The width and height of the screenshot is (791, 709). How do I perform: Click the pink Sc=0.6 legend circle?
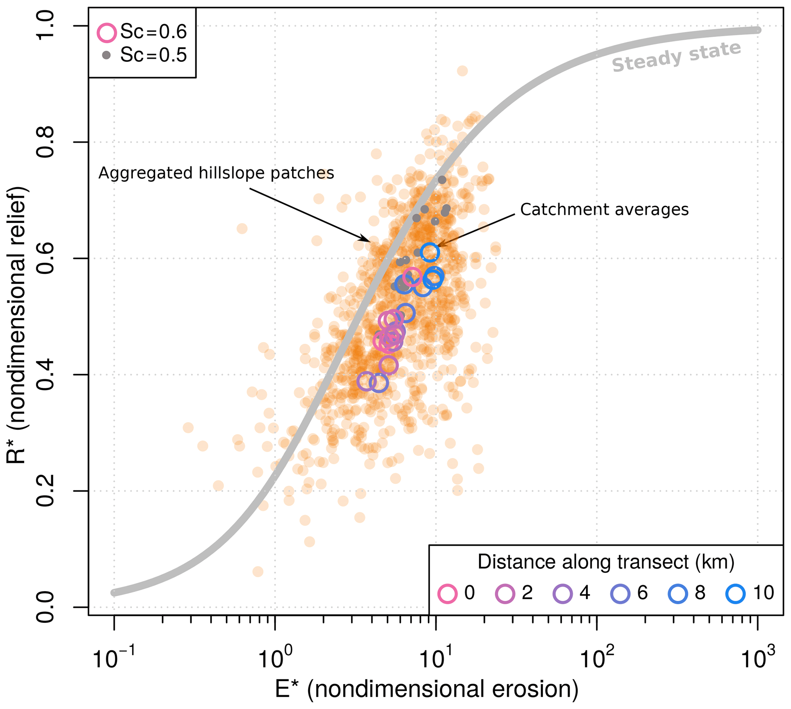coord(106,32)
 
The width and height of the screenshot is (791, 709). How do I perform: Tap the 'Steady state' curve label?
coord(676,57)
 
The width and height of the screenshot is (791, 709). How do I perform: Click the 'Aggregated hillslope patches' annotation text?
coord(216,173)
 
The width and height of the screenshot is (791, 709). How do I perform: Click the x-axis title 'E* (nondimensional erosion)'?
coord(426,689)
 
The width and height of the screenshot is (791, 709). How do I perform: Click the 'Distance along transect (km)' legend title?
coord(606,562)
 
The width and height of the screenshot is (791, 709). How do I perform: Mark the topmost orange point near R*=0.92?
coord(462,71)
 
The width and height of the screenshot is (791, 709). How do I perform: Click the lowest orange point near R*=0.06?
coord(258,572)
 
